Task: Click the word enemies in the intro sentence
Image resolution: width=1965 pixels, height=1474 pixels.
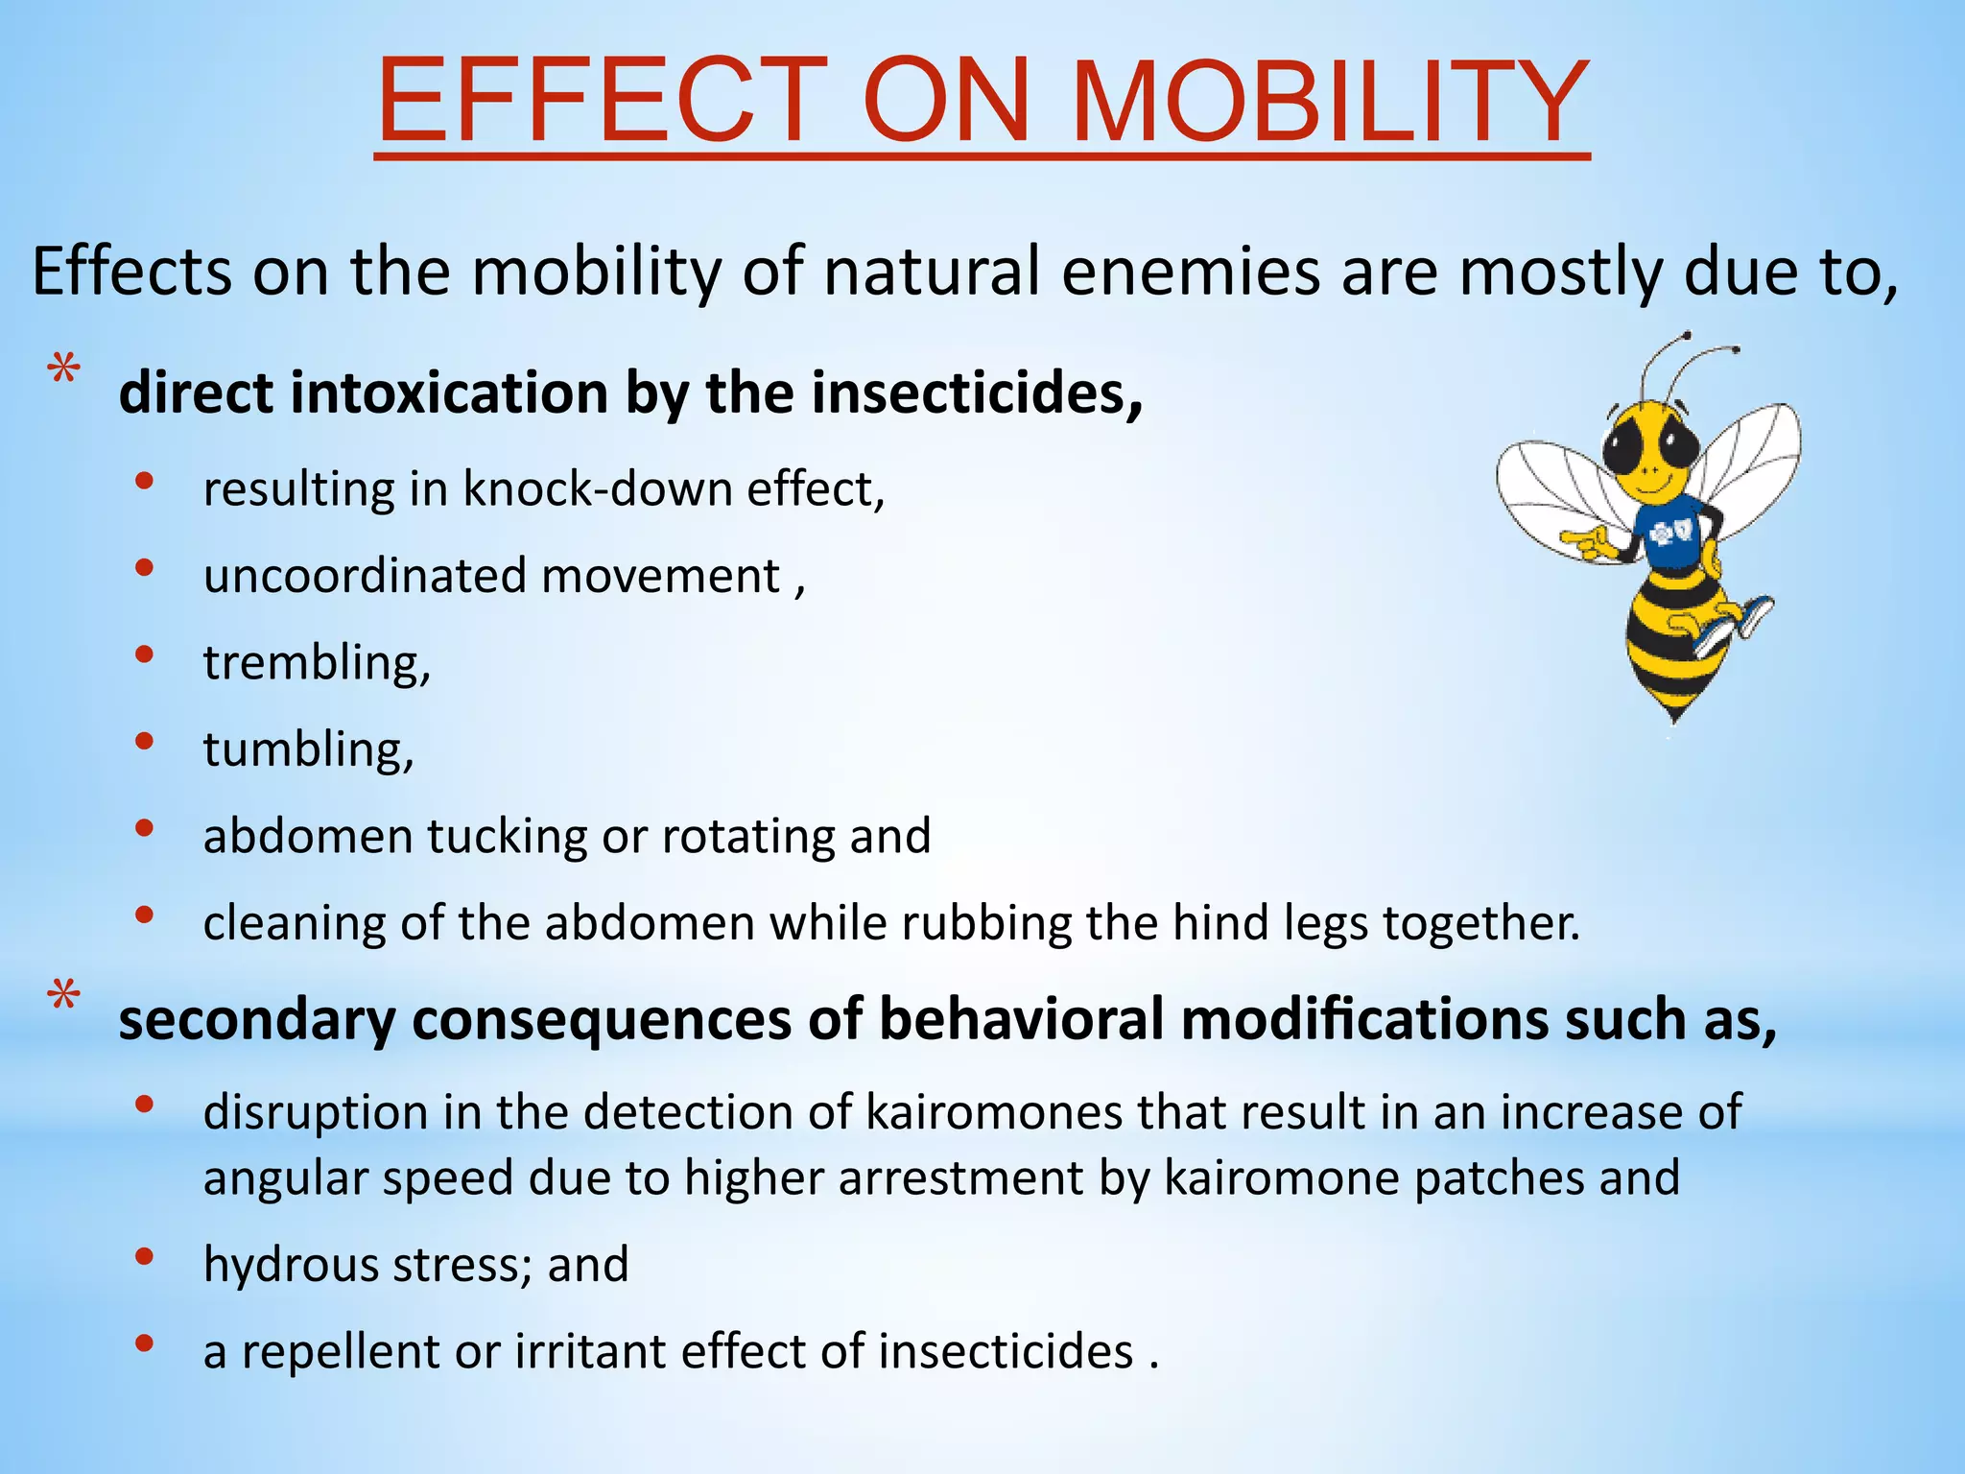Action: (x=1190, y=273)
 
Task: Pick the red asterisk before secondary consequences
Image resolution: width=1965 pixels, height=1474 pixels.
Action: (x=64, y=997)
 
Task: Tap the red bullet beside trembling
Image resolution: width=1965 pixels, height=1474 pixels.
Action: (x=144, y=655)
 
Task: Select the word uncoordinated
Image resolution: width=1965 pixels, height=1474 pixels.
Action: (x=366, y=576)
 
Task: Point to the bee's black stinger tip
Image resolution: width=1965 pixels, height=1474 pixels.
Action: (x=1674, y=715)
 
